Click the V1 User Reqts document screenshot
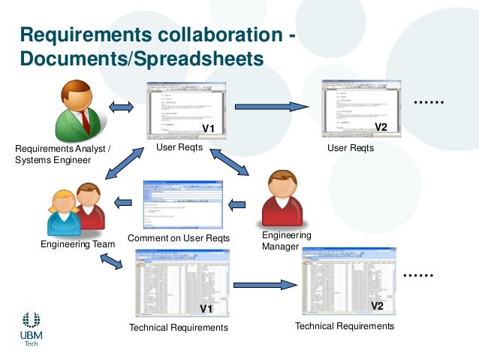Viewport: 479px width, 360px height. tap(182, 109)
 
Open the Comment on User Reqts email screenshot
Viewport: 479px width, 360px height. tap(182, 204)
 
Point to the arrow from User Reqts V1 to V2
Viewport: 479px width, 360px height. tap(271, 107)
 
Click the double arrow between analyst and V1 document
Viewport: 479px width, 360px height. tap(121, 107)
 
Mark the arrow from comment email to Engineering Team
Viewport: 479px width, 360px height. tap(123, 201)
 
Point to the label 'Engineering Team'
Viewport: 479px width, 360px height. tap(77, 244)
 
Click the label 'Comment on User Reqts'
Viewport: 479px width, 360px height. tap(179, 238)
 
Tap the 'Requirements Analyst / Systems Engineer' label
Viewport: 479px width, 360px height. tap(63, 154)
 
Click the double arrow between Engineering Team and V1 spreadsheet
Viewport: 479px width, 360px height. tap(111, 262)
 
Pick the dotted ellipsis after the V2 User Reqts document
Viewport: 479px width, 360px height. tap(429, 102)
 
